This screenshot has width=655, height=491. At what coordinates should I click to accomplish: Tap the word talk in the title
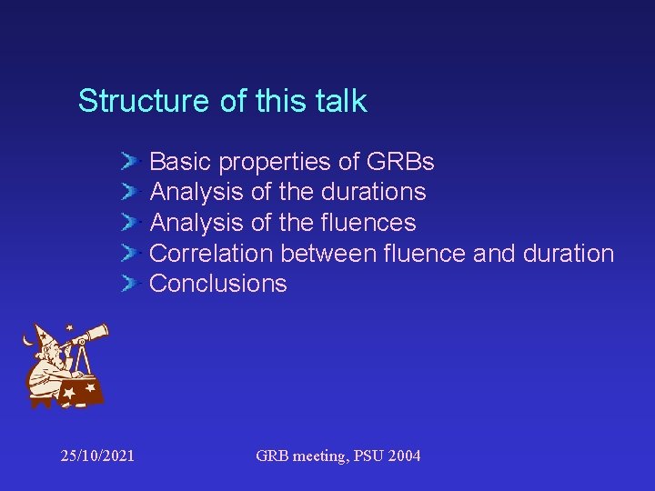point(340,101)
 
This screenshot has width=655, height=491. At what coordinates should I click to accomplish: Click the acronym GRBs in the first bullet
point(399,162)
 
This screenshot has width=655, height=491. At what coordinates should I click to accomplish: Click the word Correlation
point(212,253)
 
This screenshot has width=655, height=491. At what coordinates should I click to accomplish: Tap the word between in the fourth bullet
point(328,253)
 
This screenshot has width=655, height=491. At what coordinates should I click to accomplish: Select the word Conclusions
point(217,284)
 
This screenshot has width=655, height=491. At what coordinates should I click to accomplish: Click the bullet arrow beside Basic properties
point(130,162)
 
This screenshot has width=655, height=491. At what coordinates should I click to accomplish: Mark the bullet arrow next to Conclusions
point(130,284)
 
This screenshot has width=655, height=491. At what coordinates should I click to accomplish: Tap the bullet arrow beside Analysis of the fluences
point(130,223)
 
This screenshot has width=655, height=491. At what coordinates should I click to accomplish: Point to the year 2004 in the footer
point(402,456)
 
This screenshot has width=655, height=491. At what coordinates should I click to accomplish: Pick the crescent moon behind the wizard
point(27,341)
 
